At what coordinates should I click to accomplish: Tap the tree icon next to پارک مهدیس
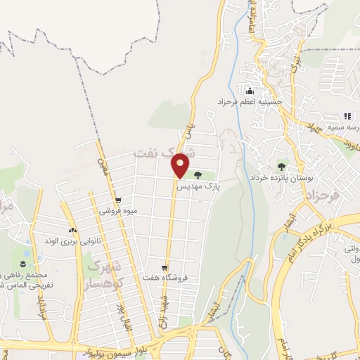197,175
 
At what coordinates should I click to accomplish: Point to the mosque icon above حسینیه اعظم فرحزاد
249,91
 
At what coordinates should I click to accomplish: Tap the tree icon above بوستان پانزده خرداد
281,167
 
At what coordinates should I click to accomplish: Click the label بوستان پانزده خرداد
281,178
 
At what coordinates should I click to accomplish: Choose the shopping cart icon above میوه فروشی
117,200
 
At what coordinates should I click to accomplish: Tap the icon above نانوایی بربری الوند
72,230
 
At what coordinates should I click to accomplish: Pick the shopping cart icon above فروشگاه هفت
164,268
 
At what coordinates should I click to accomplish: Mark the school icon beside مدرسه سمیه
347,116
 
